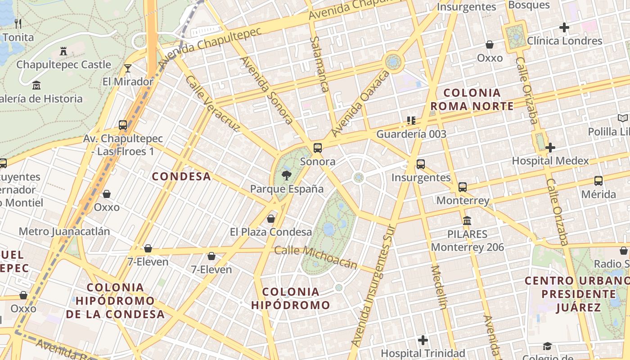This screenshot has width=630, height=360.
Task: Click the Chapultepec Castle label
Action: (x=63, y=65)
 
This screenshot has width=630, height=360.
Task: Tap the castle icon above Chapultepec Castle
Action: (x=63, y=51)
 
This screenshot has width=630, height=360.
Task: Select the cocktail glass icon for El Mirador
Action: (x=128, y=68)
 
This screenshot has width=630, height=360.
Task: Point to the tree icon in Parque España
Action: (x=286, y=175)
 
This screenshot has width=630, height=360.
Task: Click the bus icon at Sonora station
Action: (x=318, y=148)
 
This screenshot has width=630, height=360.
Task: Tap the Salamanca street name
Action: (x=319, y=64)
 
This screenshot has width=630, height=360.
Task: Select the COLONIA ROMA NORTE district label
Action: (x=472, y=99)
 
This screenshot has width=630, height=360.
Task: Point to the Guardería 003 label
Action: (x=411, y=134)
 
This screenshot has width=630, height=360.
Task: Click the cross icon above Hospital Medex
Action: (x=550, y=147)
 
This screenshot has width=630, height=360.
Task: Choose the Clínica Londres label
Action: (x=564, y=41)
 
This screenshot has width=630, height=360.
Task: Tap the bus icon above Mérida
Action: (x=598, y=181)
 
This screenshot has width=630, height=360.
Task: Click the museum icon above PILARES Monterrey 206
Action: (x=467, y=221)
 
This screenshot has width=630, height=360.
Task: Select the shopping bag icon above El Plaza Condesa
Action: (x=271, y=219)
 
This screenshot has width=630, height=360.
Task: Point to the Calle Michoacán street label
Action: (x=315, y=257)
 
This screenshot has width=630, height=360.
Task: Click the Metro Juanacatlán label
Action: (x=64, y=232)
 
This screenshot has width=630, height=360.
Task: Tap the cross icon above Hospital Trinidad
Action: (x=423, y=340)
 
